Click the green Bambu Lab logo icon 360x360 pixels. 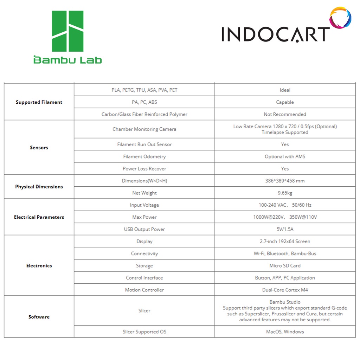coord(67,31)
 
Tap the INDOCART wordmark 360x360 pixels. coord(275,34)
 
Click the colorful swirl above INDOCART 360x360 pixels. coord(340,18)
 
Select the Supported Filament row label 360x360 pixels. coord(39,102)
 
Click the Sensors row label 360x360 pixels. coord(39,148)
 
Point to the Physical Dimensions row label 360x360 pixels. coord(39,187)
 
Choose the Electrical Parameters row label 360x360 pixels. coord(39,217)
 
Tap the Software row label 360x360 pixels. coord(39,317)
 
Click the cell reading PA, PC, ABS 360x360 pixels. coord(144,102)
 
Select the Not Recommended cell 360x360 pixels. coord(285,114)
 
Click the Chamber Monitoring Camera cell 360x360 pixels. coord(144,129)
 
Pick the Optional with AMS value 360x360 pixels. coord(285,156)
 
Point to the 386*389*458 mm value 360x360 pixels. coord(285,181)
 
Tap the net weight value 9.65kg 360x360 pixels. coord(285,193)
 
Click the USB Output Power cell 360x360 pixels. coord(144,229)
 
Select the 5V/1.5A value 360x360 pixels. coord(285,229)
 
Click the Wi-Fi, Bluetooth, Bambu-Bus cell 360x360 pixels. coord(285,253)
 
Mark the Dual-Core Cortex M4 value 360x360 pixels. coord(285,290)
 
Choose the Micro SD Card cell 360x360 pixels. coord(285,266)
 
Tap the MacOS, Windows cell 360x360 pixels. coord(285,332)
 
